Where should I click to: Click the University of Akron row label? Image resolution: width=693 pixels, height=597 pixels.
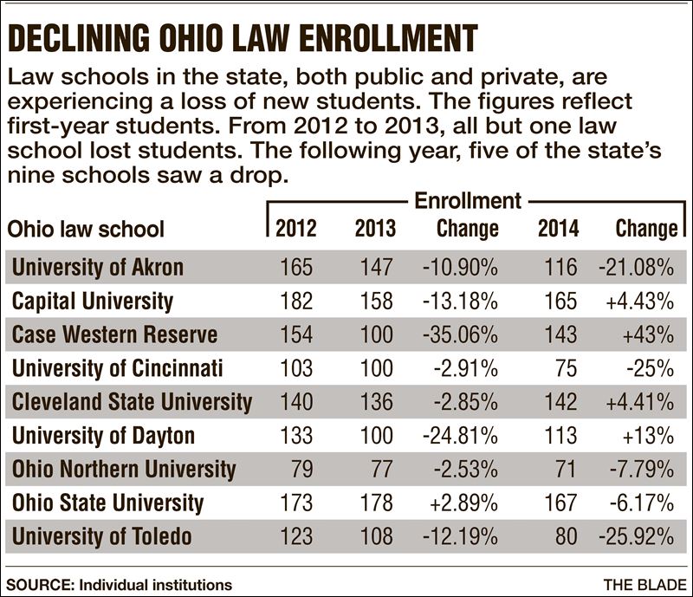97,267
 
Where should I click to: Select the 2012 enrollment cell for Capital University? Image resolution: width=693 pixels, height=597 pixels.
297,301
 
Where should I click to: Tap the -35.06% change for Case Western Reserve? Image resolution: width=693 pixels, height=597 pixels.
460,334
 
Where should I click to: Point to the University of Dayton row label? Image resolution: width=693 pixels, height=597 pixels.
103,436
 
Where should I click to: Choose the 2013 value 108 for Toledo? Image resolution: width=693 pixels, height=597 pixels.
374,536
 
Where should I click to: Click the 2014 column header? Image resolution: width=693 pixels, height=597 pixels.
558,229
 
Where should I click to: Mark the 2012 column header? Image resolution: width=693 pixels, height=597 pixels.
296,229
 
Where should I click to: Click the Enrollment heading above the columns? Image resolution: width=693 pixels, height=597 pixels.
468,202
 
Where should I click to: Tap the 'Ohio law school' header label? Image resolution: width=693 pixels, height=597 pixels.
85,230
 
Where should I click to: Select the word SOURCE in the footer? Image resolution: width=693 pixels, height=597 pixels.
37,585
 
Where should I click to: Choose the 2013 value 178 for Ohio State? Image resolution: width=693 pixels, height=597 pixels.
374,503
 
